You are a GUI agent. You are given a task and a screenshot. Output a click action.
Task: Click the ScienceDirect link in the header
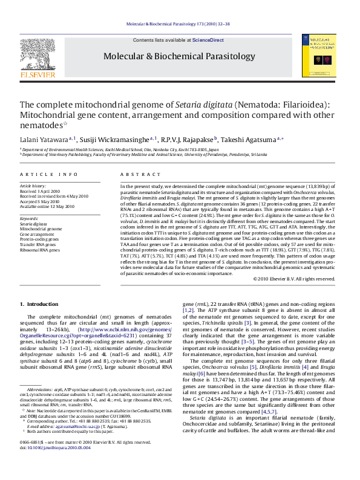[x=208, y=40]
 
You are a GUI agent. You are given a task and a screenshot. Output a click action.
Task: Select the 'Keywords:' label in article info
[x=30, y=219]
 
